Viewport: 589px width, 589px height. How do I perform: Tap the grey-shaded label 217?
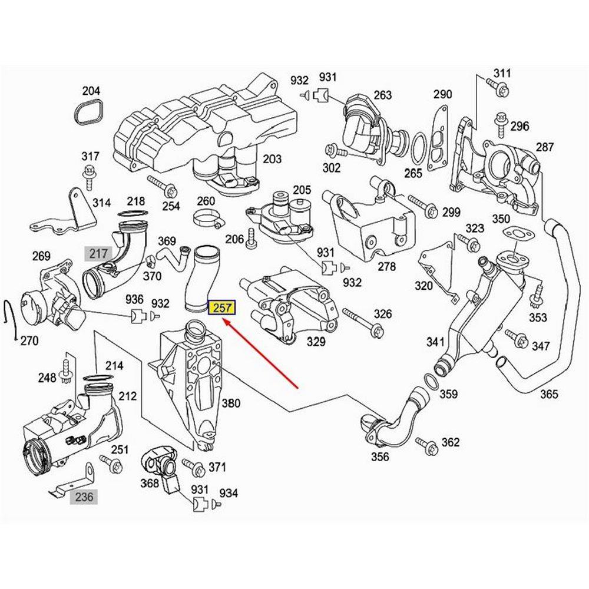coord(98,254)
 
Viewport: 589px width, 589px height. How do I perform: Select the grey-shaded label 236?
coord(84,497)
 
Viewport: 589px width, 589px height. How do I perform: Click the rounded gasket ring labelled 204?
coord(91,112)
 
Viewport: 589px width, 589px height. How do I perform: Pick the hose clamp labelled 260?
coord(207,219)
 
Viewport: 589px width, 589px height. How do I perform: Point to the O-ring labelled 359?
coord(431,385)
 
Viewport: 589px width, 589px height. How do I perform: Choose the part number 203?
coord(272,159)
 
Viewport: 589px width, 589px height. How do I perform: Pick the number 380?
coord(231,403)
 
